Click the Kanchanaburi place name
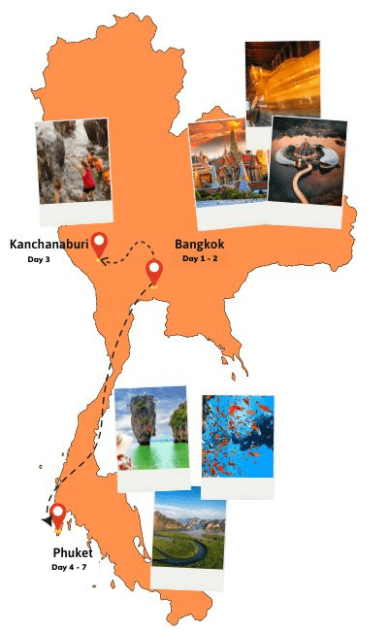pyautogui.click(x=48, y=245)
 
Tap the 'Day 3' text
pyautogui.click(x=39, y=259)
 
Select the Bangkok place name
pyautogui.click(x=200, y=245)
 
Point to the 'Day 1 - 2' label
pyautogui.click(x=200, y=259)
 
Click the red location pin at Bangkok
pyautogui.click(x=153, y=272)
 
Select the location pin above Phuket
pyautogui.click(x=58, y=515)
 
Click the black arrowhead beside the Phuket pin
pyautogui.click(x=46, y=521)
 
